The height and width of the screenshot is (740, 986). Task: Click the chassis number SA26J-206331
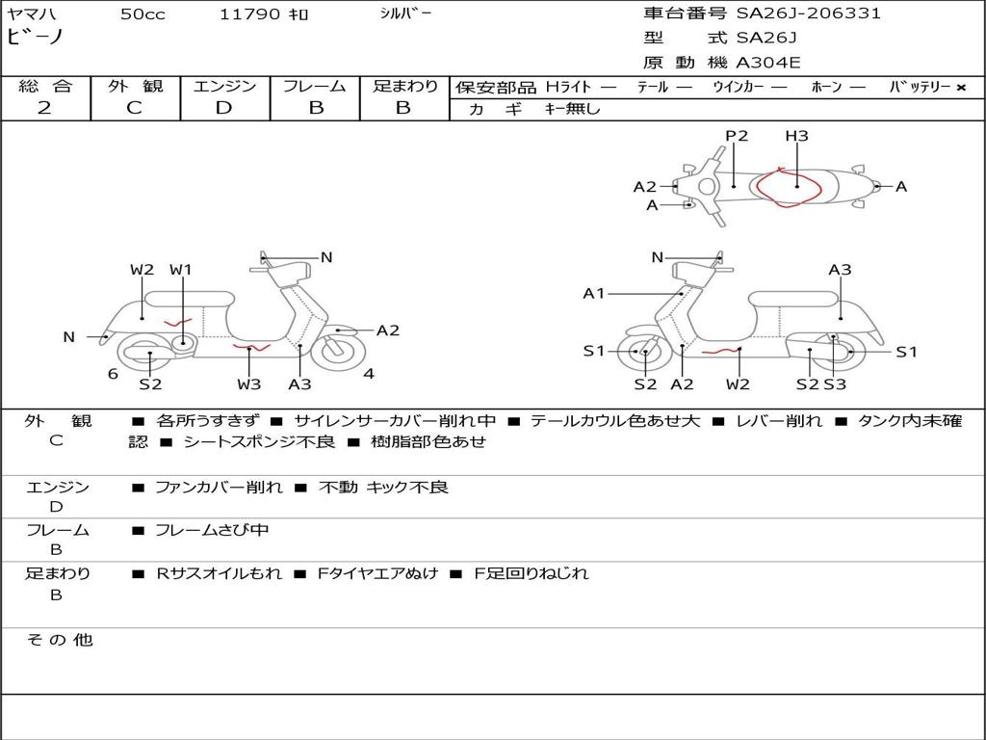[809, 13]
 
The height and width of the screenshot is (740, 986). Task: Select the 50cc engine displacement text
[143, 14]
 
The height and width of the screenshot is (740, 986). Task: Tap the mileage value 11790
[250, 14]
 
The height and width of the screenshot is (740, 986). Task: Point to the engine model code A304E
[767, 64]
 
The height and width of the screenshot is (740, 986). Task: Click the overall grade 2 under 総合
[44, 108]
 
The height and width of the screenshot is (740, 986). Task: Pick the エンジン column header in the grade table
[224, 86]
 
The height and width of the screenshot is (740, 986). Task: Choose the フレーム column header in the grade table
[315, 86]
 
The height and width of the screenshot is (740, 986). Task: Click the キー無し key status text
[572, 109]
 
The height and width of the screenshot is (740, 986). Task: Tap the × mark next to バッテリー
[961, 87]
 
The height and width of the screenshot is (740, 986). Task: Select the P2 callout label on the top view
[737, 136]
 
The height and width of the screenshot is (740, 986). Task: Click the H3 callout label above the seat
[796, 136]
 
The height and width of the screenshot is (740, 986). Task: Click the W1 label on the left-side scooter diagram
[181, 270]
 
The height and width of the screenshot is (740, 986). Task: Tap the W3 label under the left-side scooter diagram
[249, 384]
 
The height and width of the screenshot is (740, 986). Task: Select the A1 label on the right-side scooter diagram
[594, 293]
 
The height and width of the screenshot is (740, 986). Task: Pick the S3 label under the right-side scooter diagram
[835, 384]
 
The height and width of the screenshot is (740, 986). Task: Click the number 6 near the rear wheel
[113, 374]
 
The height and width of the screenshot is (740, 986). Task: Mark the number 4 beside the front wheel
[369, 374]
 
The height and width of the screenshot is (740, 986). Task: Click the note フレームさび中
[212, 530]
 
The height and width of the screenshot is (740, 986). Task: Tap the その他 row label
[59, 640]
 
